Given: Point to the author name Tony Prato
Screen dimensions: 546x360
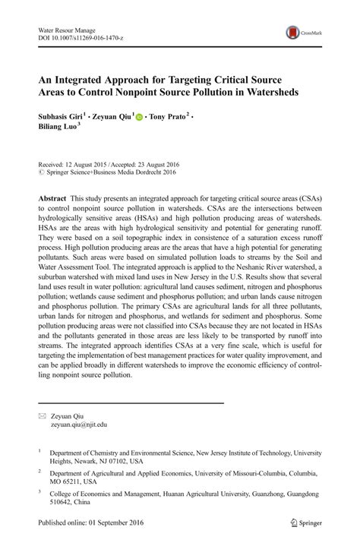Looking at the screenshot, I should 168,118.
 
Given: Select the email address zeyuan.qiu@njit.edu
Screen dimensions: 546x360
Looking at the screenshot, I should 85,425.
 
